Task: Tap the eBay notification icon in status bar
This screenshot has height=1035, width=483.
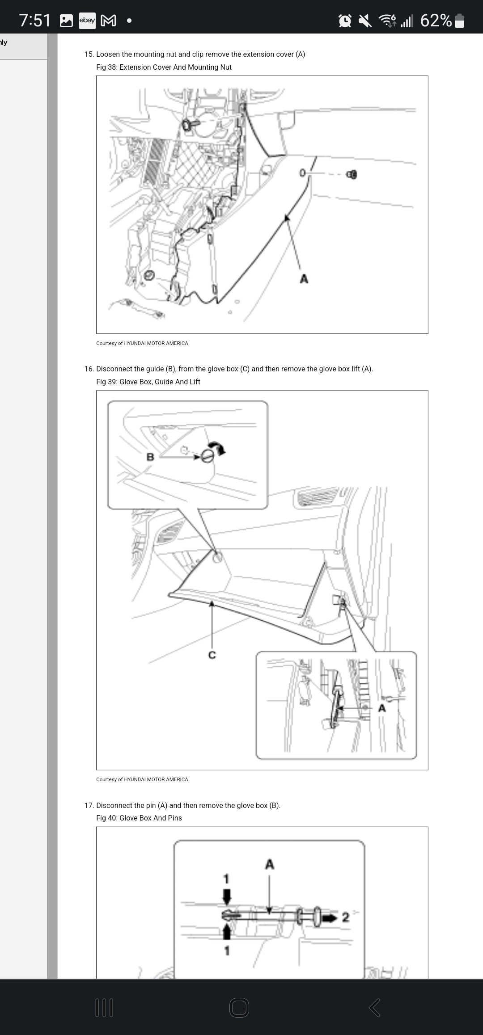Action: [x=87, y=21]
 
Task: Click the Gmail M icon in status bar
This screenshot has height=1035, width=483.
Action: [x=108, y=21]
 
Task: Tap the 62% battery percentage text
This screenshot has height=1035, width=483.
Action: [x=436, y=21]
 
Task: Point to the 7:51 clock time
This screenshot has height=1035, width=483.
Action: [x=35, y=21]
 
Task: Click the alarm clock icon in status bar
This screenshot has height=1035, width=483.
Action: [x=345, y=21]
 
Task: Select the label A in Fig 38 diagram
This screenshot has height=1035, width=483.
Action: [x=304, y=279]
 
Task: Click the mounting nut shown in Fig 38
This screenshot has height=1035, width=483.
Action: [x=352, y=174]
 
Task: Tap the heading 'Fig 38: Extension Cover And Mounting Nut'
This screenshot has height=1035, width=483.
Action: [x=164, y=67]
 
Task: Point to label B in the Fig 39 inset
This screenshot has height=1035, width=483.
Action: [x=150, y=457]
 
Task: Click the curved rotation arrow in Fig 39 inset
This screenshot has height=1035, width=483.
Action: [x=219, y=448]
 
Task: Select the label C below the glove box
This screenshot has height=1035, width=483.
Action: [x=212, y=655]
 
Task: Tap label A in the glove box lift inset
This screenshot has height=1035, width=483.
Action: [x=381, y=708]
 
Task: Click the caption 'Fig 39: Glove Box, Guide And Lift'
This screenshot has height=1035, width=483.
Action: [x=148, y=382]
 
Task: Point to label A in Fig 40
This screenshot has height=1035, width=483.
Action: [x=270, y=864]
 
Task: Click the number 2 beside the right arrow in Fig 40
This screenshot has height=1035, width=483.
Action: [x=345, y=917]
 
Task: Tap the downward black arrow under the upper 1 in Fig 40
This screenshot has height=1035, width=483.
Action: [x=227, y=895]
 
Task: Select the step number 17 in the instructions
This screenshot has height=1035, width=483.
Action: [x=89, y=805]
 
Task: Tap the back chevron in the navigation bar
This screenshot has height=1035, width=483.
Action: [x=375, y=1008]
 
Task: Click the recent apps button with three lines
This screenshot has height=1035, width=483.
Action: [x=105, y=1008]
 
